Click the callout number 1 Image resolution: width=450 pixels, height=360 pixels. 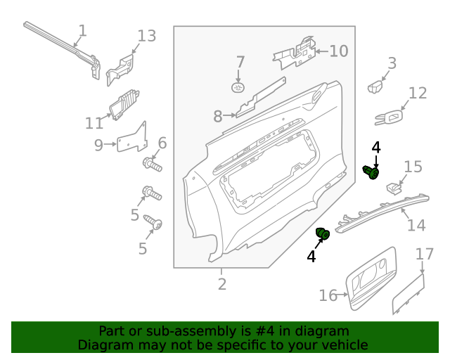(x=82, y=31)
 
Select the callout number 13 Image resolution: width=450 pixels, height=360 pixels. (x=146, y=36)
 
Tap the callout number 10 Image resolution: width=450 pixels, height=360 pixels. (x=339, y=51)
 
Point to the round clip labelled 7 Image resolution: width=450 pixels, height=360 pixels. (x=238, y=87)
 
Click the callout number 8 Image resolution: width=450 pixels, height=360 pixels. (x=218, y=116)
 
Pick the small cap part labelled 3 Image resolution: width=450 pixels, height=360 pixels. (x=375, y=87)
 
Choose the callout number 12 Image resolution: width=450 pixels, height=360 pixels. (x=418, y=93)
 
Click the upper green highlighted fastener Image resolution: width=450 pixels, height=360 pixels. (x=371, y=171)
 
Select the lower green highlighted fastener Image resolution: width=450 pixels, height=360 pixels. (x=323, y=233)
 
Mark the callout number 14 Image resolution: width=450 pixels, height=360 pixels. (x=416, y=225)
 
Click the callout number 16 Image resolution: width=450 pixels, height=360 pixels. (x=328, y=295)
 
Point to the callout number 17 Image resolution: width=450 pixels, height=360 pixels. (x=425, y=254)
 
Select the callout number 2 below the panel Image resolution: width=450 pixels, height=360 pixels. (x=221, y=284)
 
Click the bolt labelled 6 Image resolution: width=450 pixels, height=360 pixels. (x=153, y=166)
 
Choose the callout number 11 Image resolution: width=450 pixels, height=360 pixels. (x=94, y=124)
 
